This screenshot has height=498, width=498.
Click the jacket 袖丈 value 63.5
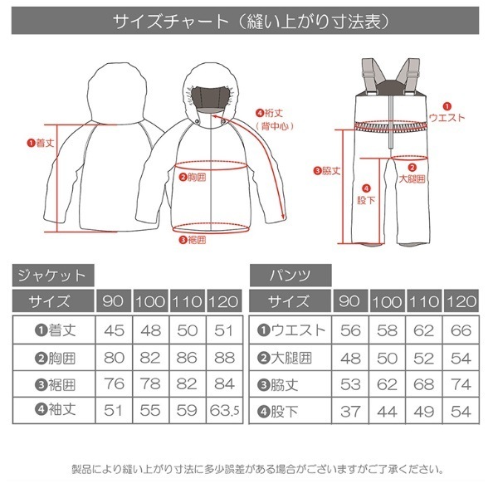click(x=225, y=410)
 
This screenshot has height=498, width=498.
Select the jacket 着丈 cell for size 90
click(x=114, y=330)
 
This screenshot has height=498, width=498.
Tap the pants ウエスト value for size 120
click(x=461, y=330)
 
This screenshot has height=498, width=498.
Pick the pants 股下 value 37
click(x=350, y=412)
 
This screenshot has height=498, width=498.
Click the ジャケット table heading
click(x=53, y=275)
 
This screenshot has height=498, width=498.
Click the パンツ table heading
click(x=290, y=275)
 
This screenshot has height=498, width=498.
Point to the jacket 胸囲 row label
click(x=56, y=359)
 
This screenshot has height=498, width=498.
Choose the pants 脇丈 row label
click(x=278, y=385)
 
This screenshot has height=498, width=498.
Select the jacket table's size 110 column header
click(x=188, y=301)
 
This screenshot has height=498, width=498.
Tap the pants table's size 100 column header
click(x=387, y=301)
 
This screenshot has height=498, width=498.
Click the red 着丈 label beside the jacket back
click(x=41, y=143)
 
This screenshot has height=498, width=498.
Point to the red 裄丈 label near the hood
click(x=270, y=113)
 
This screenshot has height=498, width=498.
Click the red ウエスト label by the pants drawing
click(x=447, y=118)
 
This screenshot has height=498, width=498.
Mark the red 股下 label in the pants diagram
click(x=366, y=200)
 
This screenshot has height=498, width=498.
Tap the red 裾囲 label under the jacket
click(x=193, y=240)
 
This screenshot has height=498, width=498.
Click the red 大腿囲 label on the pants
click(x=412, y=178)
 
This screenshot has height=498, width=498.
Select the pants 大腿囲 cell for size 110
click(x=423, y=359)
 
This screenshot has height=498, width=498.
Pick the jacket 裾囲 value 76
click(x=114, y=383)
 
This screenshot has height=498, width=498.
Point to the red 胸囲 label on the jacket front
click(x=193, y=177)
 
